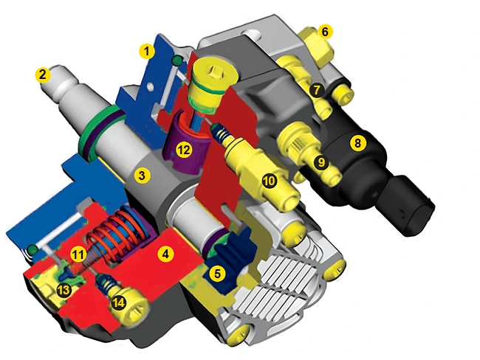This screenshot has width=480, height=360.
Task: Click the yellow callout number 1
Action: click(x=147, y=51)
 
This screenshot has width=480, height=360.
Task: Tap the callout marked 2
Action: click(x=43, y=75)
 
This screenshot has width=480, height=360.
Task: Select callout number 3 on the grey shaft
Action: click(x=142, y=176)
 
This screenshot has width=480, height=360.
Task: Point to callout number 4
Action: click(x=165, y=254)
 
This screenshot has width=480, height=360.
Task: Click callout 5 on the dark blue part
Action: click(x=217, y=274)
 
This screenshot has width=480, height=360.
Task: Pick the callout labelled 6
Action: click(x=325, y=32)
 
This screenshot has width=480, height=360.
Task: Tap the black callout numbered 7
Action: click(x=317, y=90)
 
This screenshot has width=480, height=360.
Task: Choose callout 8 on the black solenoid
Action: click(x=357, y=142)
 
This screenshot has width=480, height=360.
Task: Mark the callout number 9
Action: click(x=321, y=162)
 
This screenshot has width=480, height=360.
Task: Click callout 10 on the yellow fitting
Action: click(x=270, y=181)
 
